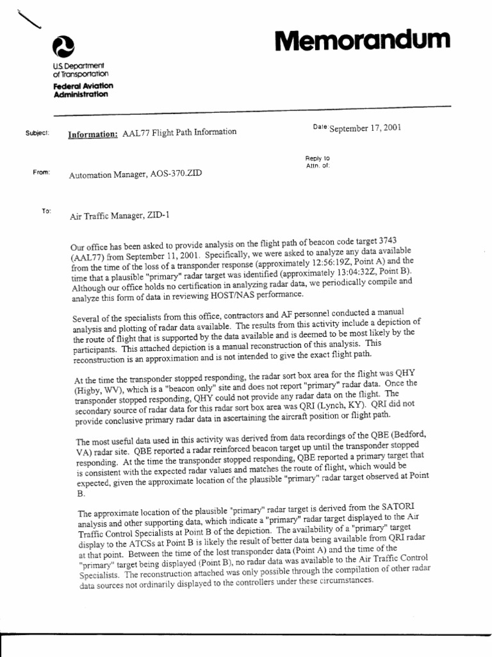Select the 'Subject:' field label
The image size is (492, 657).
39,133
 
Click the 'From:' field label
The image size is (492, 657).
41,172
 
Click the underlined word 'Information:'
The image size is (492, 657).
93,133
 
